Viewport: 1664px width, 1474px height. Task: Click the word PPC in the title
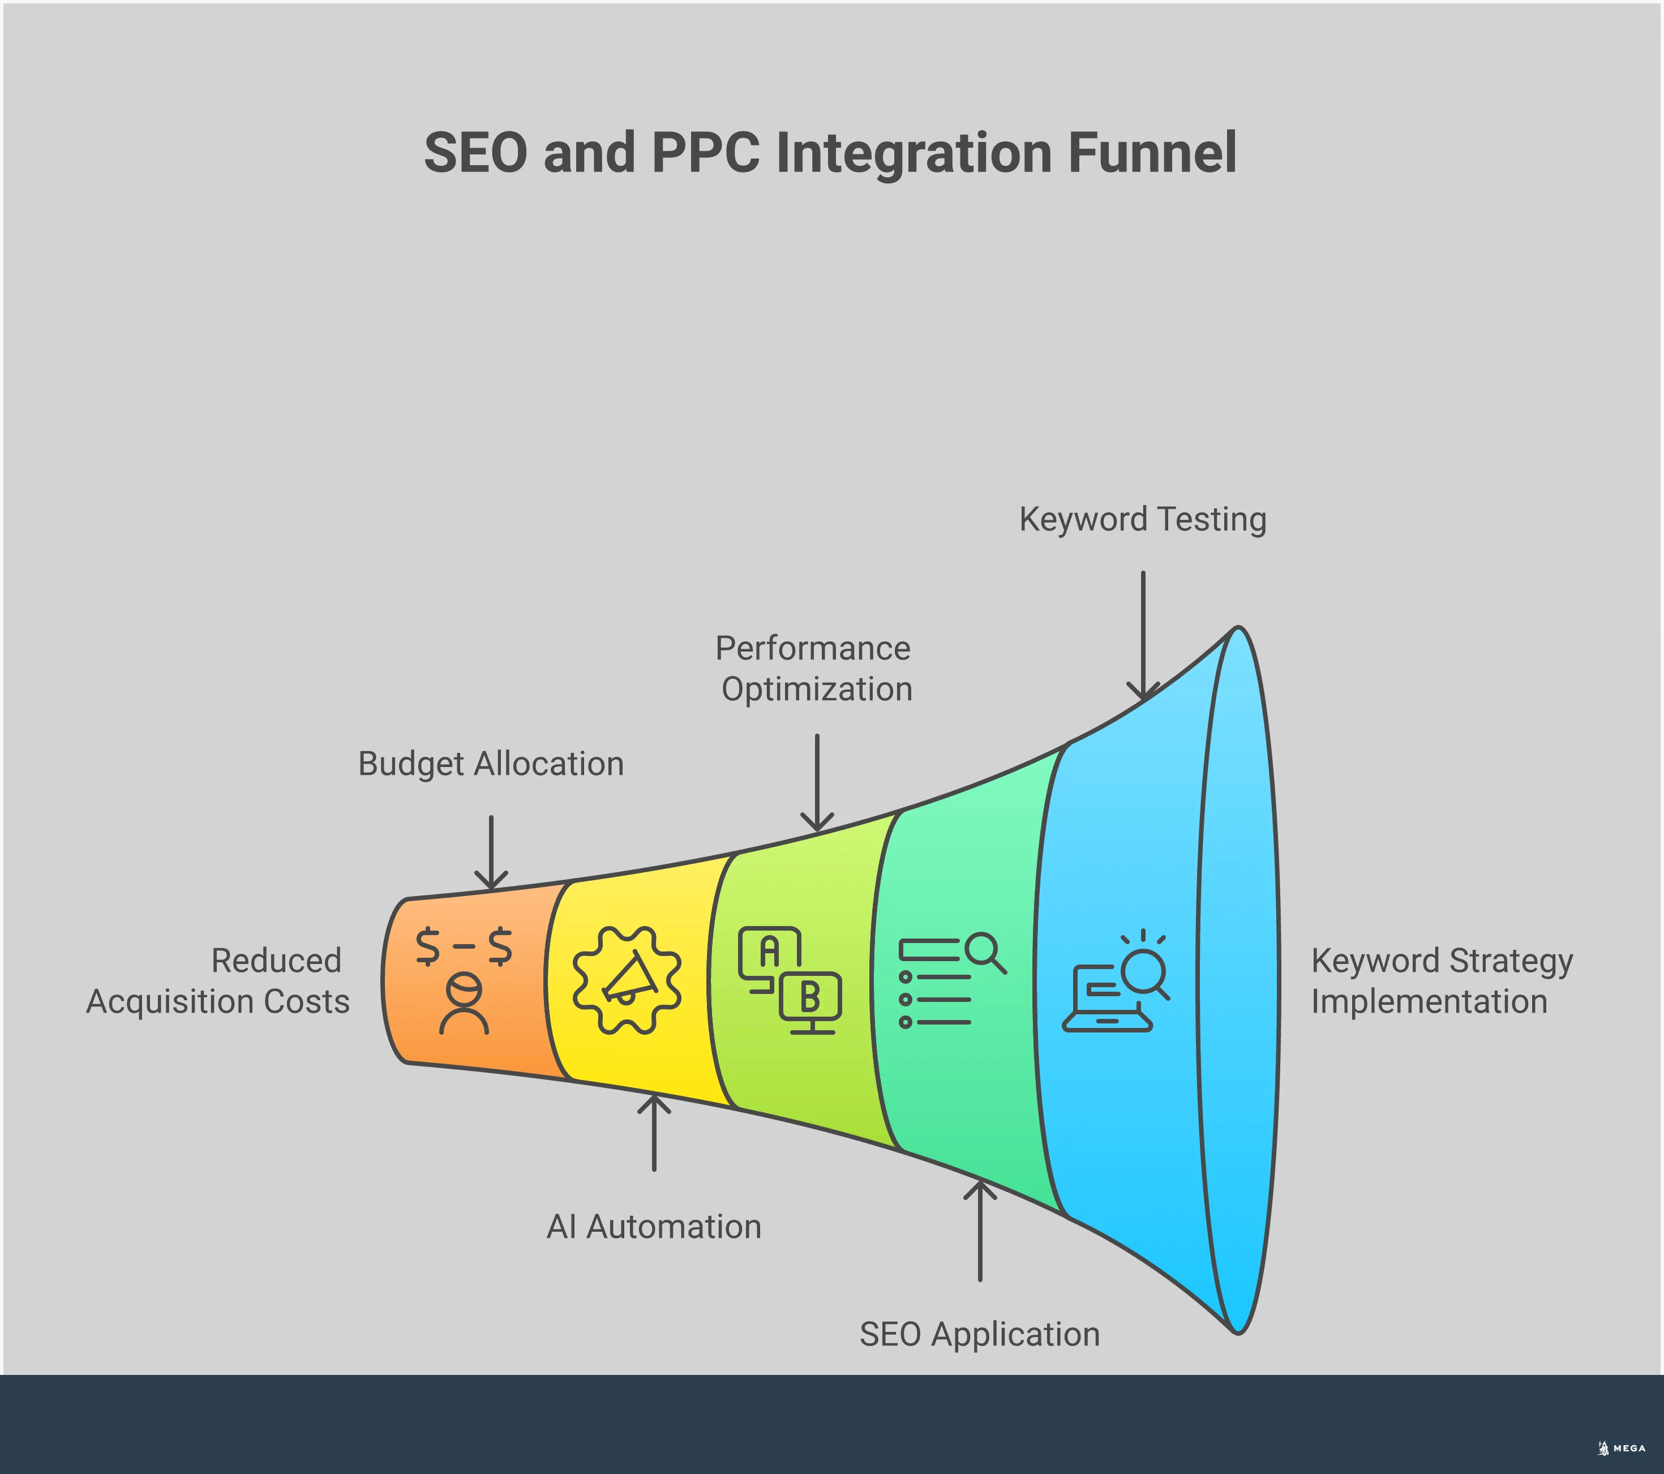click(706, 152)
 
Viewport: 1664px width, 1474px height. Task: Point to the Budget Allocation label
click(491, 764)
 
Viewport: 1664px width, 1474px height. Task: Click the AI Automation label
click(654, 1227)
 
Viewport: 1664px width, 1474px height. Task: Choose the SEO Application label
click(979, 1334)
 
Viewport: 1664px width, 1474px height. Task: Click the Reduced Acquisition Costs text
click(218, 980)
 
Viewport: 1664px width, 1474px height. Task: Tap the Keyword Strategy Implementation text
click(1441, 980)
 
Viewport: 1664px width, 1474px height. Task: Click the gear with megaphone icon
click(626, 980)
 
